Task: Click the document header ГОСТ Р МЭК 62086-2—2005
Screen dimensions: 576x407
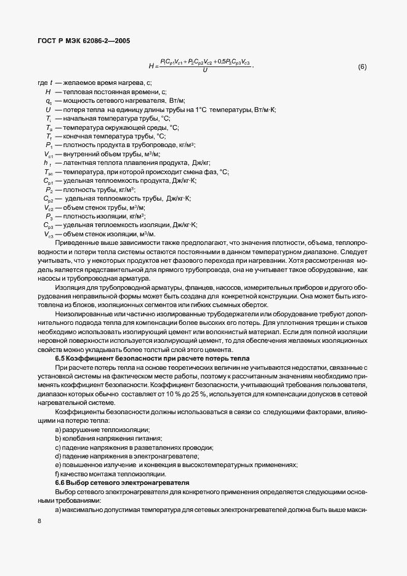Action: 82,42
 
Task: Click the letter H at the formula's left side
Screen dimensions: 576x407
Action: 151,66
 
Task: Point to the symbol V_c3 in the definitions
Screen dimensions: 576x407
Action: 49,234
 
